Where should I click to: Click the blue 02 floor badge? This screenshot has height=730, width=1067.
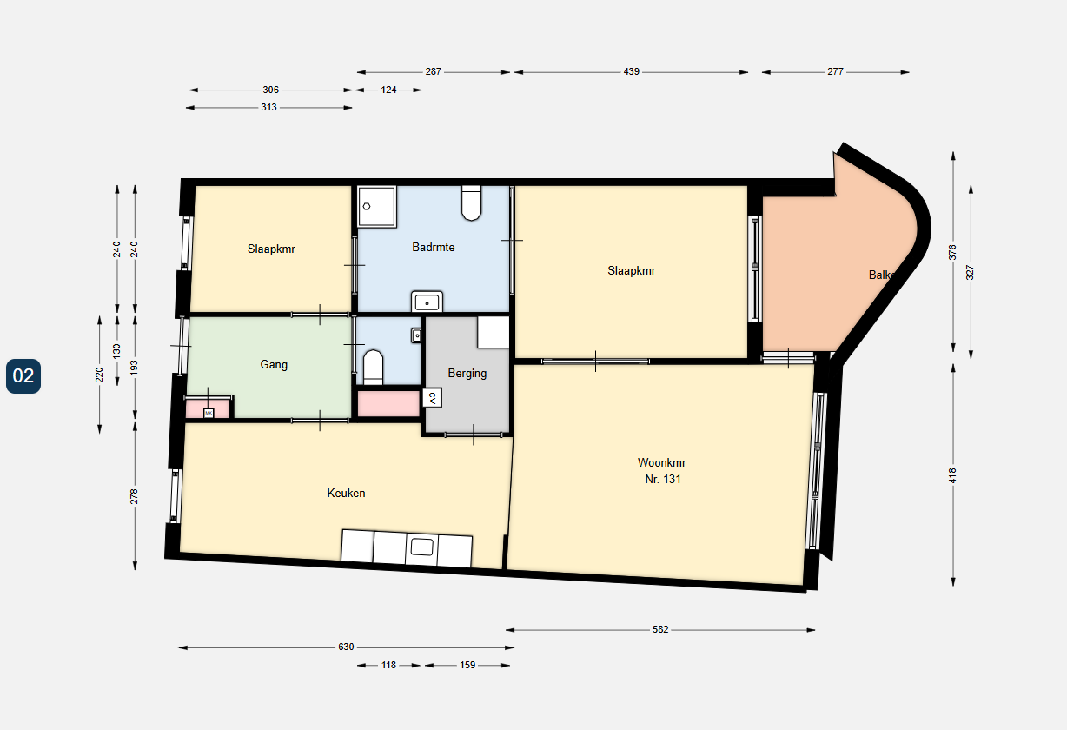click(23, 375)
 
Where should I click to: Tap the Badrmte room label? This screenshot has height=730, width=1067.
click(433, 248)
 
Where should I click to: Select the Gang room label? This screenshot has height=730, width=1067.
click(274, 365)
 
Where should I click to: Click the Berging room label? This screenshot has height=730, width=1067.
click(467, 374)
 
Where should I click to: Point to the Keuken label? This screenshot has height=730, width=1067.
click(346, 494)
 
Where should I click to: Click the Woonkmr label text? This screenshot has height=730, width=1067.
click(661, 463)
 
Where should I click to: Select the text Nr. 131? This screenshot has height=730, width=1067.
click(661, 480)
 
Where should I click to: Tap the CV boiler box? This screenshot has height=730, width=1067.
click(431, 398)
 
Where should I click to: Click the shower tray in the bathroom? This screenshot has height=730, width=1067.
click(376, 206)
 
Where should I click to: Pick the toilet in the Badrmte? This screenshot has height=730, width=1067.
click(472, 203)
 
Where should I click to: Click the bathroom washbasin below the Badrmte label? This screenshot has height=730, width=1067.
click(427, 302)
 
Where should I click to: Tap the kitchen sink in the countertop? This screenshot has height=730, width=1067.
click(421, 547)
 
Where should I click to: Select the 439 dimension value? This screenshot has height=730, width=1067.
click(631, 72)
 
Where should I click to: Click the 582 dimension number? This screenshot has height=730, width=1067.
click(660, 630)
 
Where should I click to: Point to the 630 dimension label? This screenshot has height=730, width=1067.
click(346, 647)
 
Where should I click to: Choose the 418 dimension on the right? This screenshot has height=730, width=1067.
click(953, 475)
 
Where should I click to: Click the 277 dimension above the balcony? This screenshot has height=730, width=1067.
click(835, 72)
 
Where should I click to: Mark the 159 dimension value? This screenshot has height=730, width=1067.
click(467, 666)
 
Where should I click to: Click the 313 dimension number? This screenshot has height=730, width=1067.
click(268, 108)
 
